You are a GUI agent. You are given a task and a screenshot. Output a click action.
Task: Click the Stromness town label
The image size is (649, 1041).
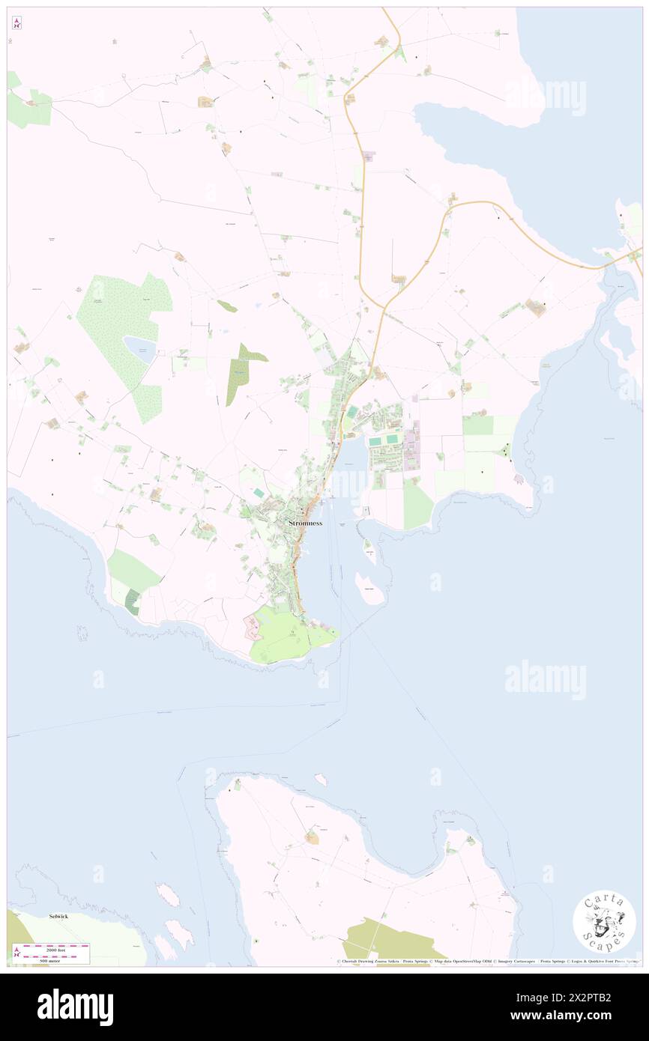305,523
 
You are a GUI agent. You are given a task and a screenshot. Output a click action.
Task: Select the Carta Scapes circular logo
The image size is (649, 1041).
604,921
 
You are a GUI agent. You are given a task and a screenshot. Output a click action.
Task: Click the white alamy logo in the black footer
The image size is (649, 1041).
76,1007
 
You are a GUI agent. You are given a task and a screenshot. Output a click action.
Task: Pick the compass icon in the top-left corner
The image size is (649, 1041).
16,22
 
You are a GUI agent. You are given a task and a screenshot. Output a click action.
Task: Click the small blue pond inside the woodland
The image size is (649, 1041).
140,348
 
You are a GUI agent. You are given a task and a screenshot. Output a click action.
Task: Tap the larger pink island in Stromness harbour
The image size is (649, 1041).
371,589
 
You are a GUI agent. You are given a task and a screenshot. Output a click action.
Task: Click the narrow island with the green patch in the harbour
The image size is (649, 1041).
369,552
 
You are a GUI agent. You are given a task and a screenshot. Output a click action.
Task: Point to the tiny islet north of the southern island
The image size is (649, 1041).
322,780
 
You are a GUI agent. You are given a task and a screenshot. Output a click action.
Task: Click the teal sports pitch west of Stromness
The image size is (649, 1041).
258,493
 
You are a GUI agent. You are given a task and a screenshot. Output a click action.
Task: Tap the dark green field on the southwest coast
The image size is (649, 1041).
132,602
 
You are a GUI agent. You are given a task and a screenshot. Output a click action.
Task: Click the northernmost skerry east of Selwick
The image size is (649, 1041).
168,894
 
